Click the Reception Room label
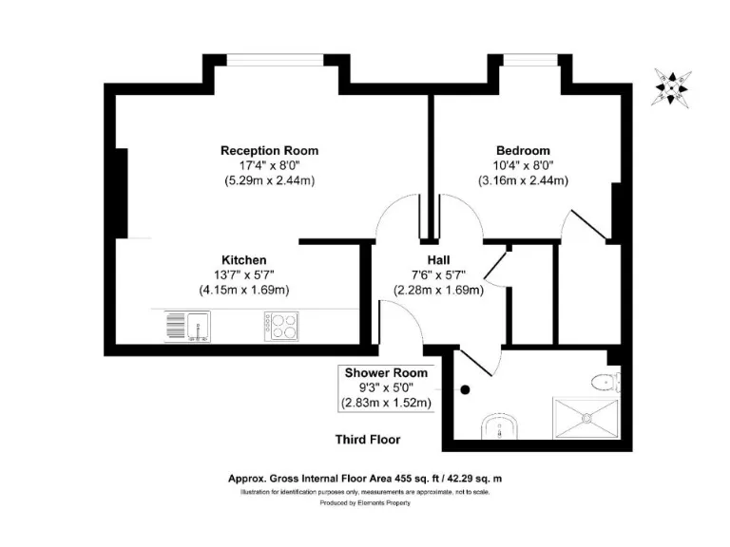coord(269,150)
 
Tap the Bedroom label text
coord(522,150)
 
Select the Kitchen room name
coord(243,259)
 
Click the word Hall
coord(438,259)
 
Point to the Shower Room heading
coord(386,372)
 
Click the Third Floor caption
coord(367,440)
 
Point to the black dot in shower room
coord(466,389)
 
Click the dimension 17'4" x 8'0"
coord(269,164)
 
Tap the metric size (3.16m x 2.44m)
coord(522,179)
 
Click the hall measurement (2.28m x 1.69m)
coord(438,290)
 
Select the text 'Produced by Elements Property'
coord(365,504)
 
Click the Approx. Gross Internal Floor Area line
coord(365,480)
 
